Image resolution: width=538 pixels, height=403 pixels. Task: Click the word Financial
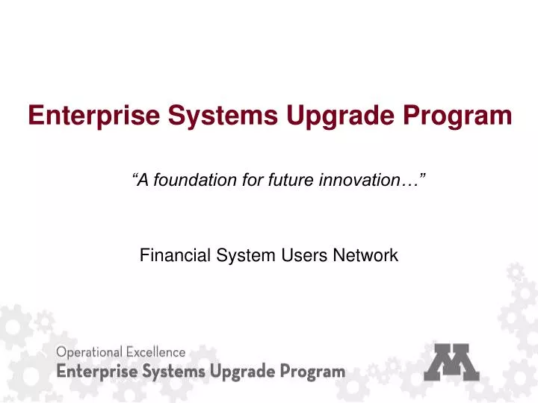[x=171, y=256]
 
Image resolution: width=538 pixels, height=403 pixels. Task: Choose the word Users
[x=303, y=256]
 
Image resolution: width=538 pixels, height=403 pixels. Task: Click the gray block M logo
[x=459, y=362]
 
